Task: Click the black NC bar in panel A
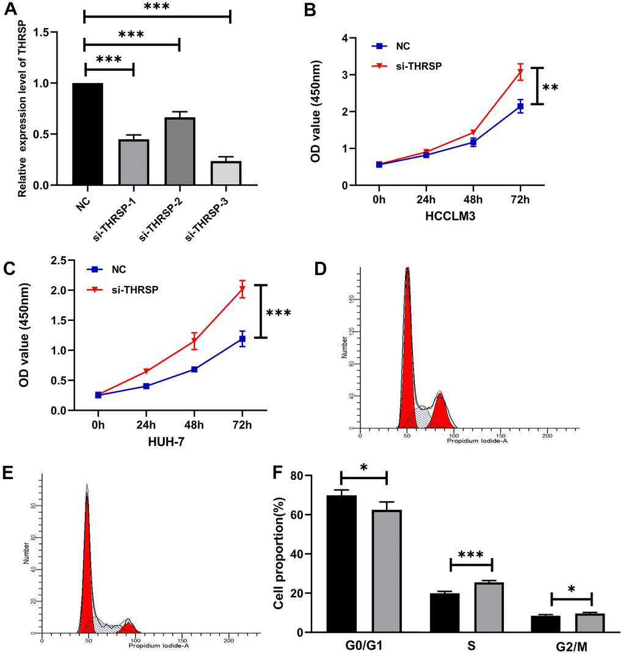click(x=87, y=134)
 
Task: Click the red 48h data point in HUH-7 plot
click(x=194, y=342)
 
